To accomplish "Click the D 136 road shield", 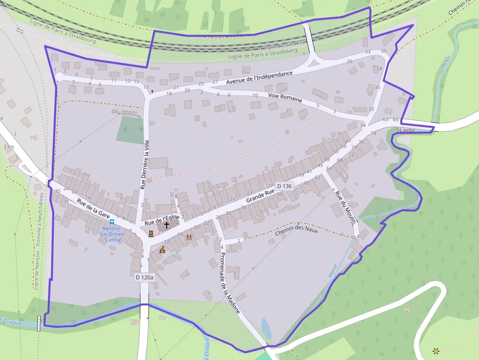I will point(284,186).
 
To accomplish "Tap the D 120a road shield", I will point(145,277).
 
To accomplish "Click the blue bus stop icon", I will point(112,222).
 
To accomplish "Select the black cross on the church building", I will point(167,225).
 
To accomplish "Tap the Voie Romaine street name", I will point(285,97).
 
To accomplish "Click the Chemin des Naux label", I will point(296,231).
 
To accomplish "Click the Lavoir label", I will point(407,130).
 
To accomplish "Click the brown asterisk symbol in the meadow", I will point(435,350).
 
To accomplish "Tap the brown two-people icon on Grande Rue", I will point(189,237).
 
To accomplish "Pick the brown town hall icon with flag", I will point(162,250).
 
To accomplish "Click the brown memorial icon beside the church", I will point(151,233).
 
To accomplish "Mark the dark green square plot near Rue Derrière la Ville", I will point(130,129).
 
